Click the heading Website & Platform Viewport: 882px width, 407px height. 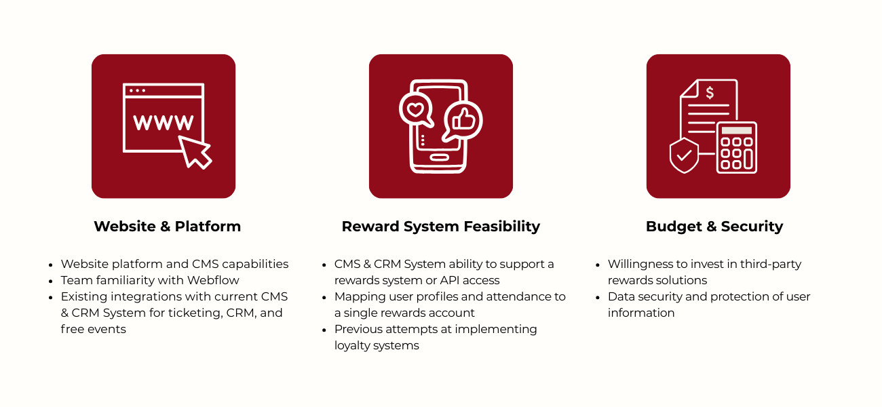167,227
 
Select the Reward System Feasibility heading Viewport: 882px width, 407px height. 440,227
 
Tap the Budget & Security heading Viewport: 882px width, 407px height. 714,227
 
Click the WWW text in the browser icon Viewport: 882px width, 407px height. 163,123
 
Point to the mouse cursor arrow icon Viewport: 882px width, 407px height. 195,151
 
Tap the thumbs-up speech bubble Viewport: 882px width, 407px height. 463,121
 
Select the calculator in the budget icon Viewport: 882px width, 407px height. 736,147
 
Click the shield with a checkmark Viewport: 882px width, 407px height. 684,155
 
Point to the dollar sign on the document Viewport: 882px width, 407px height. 710,92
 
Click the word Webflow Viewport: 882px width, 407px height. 215,280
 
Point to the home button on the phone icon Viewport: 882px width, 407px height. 440,158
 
